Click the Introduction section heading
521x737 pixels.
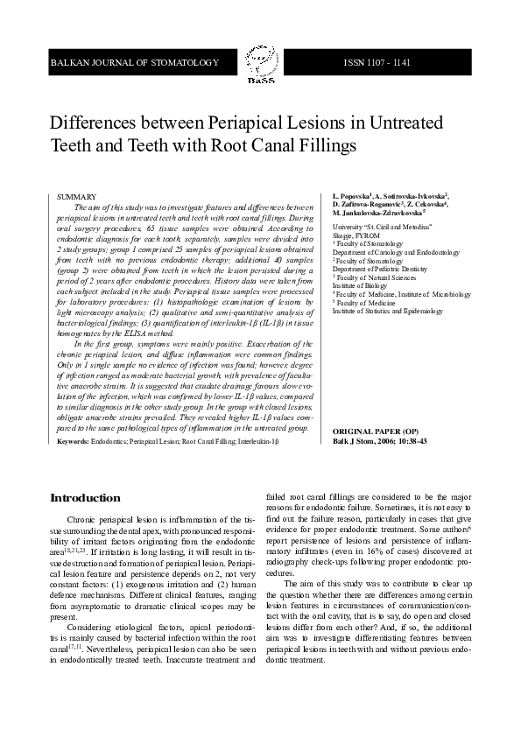pos(86,497)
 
